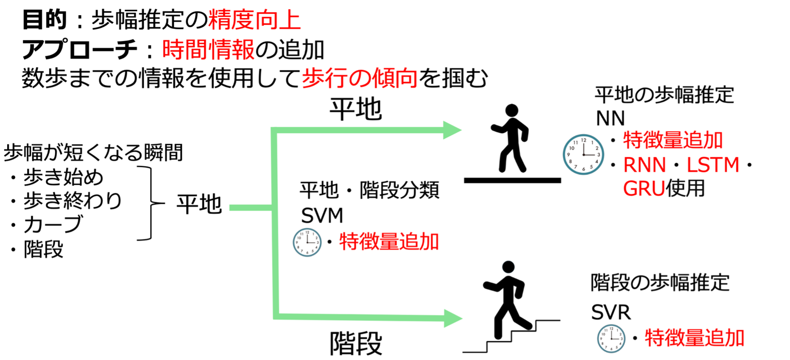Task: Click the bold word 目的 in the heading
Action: [x=44, y=20]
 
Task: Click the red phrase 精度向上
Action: [x=254, y=20]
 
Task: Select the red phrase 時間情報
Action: [x=208, y=50]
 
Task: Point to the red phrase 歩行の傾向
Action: [x=360, y=78]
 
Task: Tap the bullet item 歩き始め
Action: [x=63, y=177]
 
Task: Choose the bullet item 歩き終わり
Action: [x=72, y=201]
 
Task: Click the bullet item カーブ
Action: [x=53, y=224]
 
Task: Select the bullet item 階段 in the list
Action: [x=43, y=249]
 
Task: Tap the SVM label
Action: [x=322, y=216]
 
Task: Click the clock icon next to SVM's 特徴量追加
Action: [x=307, y=242]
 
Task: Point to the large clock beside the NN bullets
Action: [x=583, y=154]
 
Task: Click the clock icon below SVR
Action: [x=611, y=338]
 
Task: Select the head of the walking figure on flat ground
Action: [x=512, y=111]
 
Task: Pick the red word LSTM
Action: [x=713, y=165]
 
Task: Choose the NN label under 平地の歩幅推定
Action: [x=610, y=118]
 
